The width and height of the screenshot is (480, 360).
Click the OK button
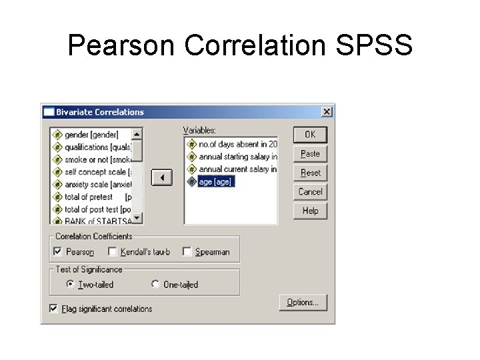point(310,135)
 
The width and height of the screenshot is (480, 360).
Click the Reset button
point(310,173)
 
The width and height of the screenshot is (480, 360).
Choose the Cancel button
point(310,192)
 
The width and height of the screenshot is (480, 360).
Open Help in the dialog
point(310,211)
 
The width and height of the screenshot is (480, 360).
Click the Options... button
point(303,303)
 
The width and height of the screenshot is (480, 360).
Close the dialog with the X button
point(327,112)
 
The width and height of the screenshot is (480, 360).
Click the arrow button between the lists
point(161,178)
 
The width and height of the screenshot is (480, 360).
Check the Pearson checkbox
point(58,251)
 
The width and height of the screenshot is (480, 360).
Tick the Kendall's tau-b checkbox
point(113,251)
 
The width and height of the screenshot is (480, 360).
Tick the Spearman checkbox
point(187,251)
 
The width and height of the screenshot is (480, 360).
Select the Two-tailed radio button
point(70,284)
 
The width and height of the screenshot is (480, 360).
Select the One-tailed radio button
point(155,284)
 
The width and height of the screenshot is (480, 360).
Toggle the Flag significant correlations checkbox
point(53,309)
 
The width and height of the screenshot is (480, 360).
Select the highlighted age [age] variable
point(216,181)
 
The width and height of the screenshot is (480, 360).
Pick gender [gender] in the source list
point(91,135)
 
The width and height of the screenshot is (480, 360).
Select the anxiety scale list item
point(97,185)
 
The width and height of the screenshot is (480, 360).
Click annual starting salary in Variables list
point(237,157)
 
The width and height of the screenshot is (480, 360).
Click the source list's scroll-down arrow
point(137,218)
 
